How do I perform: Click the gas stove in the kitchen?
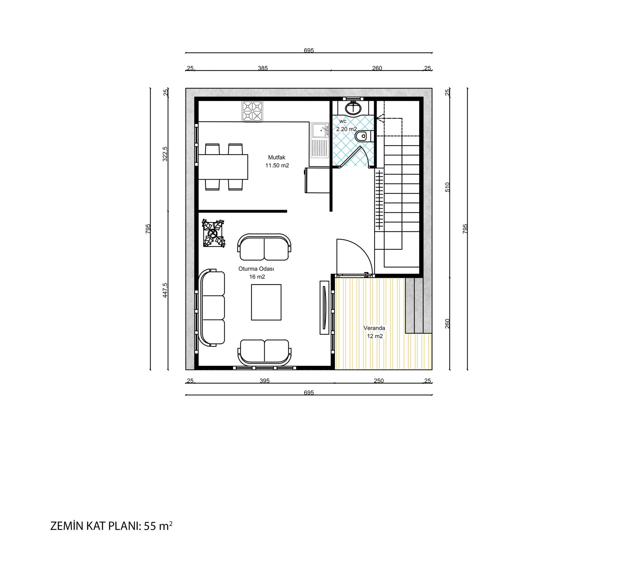coord(253,111)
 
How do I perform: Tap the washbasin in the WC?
coord(354,108)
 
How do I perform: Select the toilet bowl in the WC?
coord(364,136)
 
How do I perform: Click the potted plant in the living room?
coord(213,233)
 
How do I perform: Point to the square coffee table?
coord(266,302)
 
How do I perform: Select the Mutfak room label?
coord(277,157)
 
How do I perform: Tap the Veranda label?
coord(374,328)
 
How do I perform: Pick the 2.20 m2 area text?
coord(347,129)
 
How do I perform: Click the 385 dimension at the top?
coord(263,68)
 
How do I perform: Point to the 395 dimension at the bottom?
coord(265,381)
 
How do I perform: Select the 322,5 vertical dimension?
coord(165,154)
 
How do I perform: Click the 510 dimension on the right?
coord(448,187)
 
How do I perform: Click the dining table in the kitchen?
coord(223,167)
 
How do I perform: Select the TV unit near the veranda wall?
coord(324,308)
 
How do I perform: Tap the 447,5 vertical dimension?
coord(165,290)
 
